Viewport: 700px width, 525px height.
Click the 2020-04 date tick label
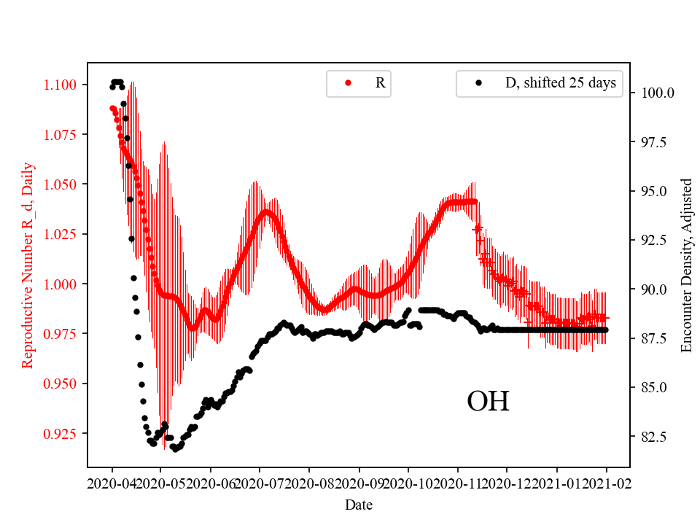[112, 483]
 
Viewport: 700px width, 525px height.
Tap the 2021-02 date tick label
[606, 483]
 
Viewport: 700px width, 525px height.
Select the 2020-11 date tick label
[458, 483]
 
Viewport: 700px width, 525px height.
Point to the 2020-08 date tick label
[310, 483]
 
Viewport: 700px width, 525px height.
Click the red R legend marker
[348, 83]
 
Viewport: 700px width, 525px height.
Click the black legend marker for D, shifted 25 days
[478, 83]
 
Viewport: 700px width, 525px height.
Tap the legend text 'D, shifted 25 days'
[560, 83]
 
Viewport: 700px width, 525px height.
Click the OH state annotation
[488, 402]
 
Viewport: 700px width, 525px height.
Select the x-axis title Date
[359, 504]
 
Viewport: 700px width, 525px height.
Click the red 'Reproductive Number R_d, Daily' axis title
[28, 265]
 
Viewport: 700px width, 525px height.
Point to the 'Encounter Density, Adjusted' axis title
[686, 265]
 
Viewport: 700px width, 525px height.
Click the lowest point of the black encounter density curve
[175, 448]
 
